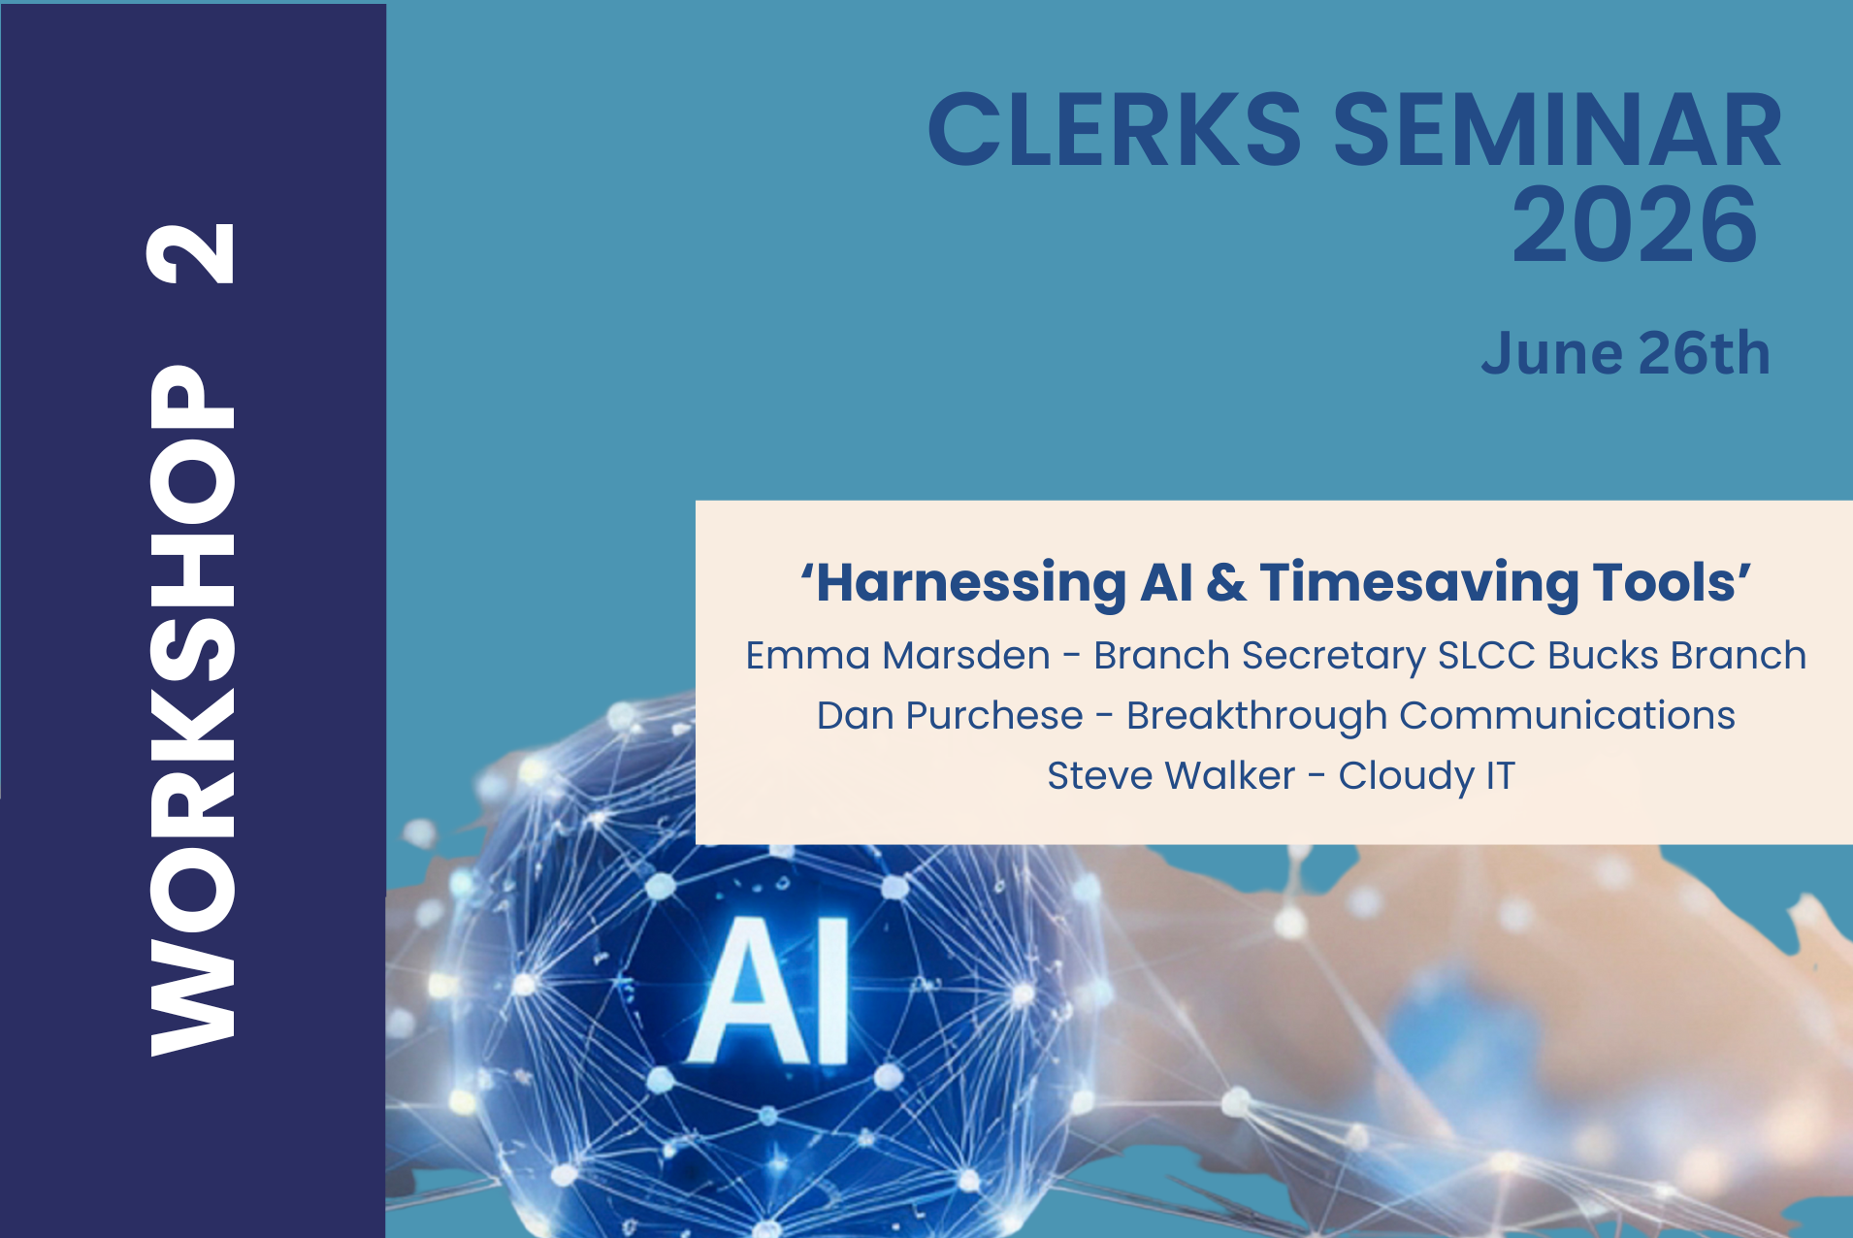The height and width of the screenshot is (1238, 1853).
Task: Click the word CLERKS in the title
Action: tap(1115, 130)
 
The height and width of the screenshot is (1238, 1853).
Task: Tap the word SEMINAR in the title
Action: tap(1558, 130)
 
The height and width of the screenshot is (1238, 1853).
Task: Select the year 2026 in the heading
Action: tap(1635, 225)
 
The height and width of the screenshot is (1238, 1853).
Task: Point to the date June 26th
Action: tap(1626, 353)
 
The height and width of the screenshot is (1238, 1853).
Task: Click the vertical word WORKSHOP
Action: tap(192, 710)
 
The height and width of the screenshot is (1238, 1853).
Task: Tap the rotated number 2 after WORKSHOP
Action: tap(192, 253)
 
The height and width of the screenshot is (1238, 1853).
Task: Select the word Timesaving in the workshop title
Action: tap(1419, 584)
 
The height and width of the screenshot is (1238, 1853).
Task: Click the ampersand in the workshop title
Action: tap(1226, 583)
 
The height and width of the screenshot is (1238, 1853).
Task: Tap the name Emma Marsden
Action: tap(897, 656)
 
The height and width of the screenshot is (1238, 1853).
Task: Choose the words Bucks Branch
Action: tap(1676, 656)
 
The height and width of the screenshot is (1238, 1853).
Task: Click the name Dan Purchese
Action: tap(950, 716)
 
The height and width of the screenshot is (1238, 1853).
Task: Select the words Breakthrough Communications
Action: tap(1431, 717)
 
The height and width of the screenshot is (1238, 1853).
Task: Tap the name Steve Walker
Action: tap(1171, 776)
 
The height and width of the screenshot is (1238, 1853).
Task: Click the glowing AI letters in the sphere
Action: tap(770, 992)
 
